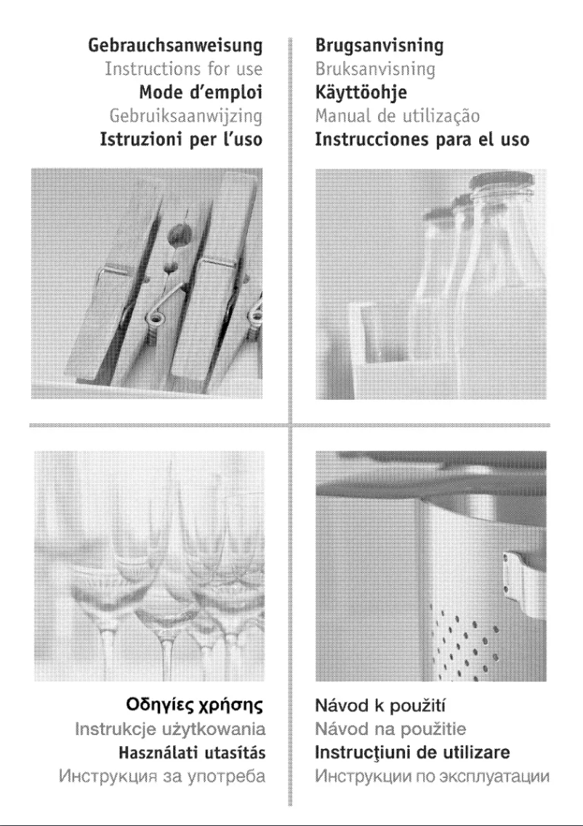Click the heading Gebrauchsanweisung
(x=174, y=47)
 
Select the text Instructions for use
(x=183, y=71)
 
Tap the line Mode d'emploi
(x=200, y=93)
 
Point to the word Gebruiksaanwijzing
(x=185, y=116)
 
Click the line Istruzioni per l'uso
(x=180, y=139)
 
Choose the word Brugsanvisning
(x=379, y=47)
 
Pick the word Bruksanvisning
(x=375, y=71)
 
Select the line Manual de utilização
(x=398, y=116)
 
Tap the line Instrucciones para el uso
(x=422, y=139)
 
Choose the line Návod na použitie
(x=390, y=729)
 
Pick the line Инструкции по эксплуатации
(x=432, y=774)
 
